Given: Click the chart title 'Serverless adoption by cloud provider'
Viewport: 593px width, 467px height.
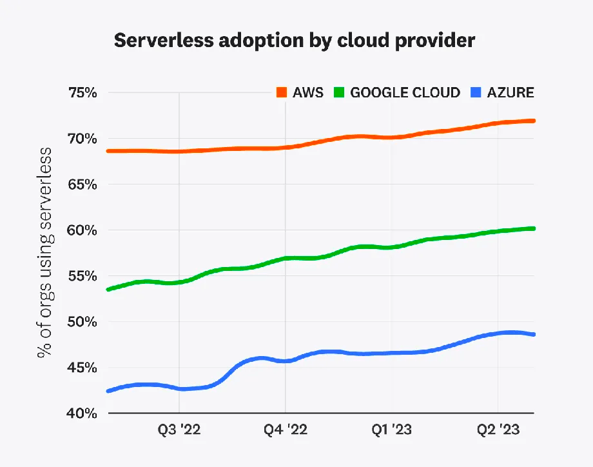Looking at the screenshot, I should pyautogui.click(x=295, y=41).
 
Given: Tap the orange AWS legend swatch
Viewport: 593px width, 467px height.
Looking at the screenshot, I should pyautogui.click(x=282, y=92).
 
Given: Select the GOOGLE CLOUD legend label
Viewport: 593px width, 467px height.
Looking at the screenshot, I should pyautogui.click(x=405, y=92).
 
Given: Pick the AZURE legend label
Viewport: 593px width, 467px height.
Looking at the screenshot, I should pyautogui.click(x=510, y=92).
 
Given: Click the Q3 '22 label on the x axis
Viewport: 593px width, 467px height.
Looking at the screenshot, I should pyautogui.click(x=179, y=430).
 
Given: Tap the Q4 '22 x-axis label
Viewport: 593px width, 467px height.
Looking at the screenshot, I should pyautogui.click(x=285, y=430).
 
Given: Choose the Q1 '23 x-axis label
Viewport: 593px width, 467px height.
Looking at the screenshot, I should pyautogui.click(x=391, y=430).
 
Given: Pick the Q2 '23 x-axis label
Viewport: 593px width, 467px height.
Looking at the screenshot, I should pyautogui.click(x=497, y=430).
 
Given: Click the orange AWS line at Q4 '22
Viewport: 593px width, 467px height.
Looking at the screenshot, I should pyautogui.click(x=285, y=148).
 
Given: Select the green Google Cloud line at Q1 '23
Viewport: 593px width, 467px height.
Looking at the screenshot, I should pyautogui.click(x=391, y=247).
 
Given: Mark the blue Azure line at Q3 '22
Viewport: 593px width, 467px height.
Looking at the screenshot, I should pyautogui.click(x=179, y=389).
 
